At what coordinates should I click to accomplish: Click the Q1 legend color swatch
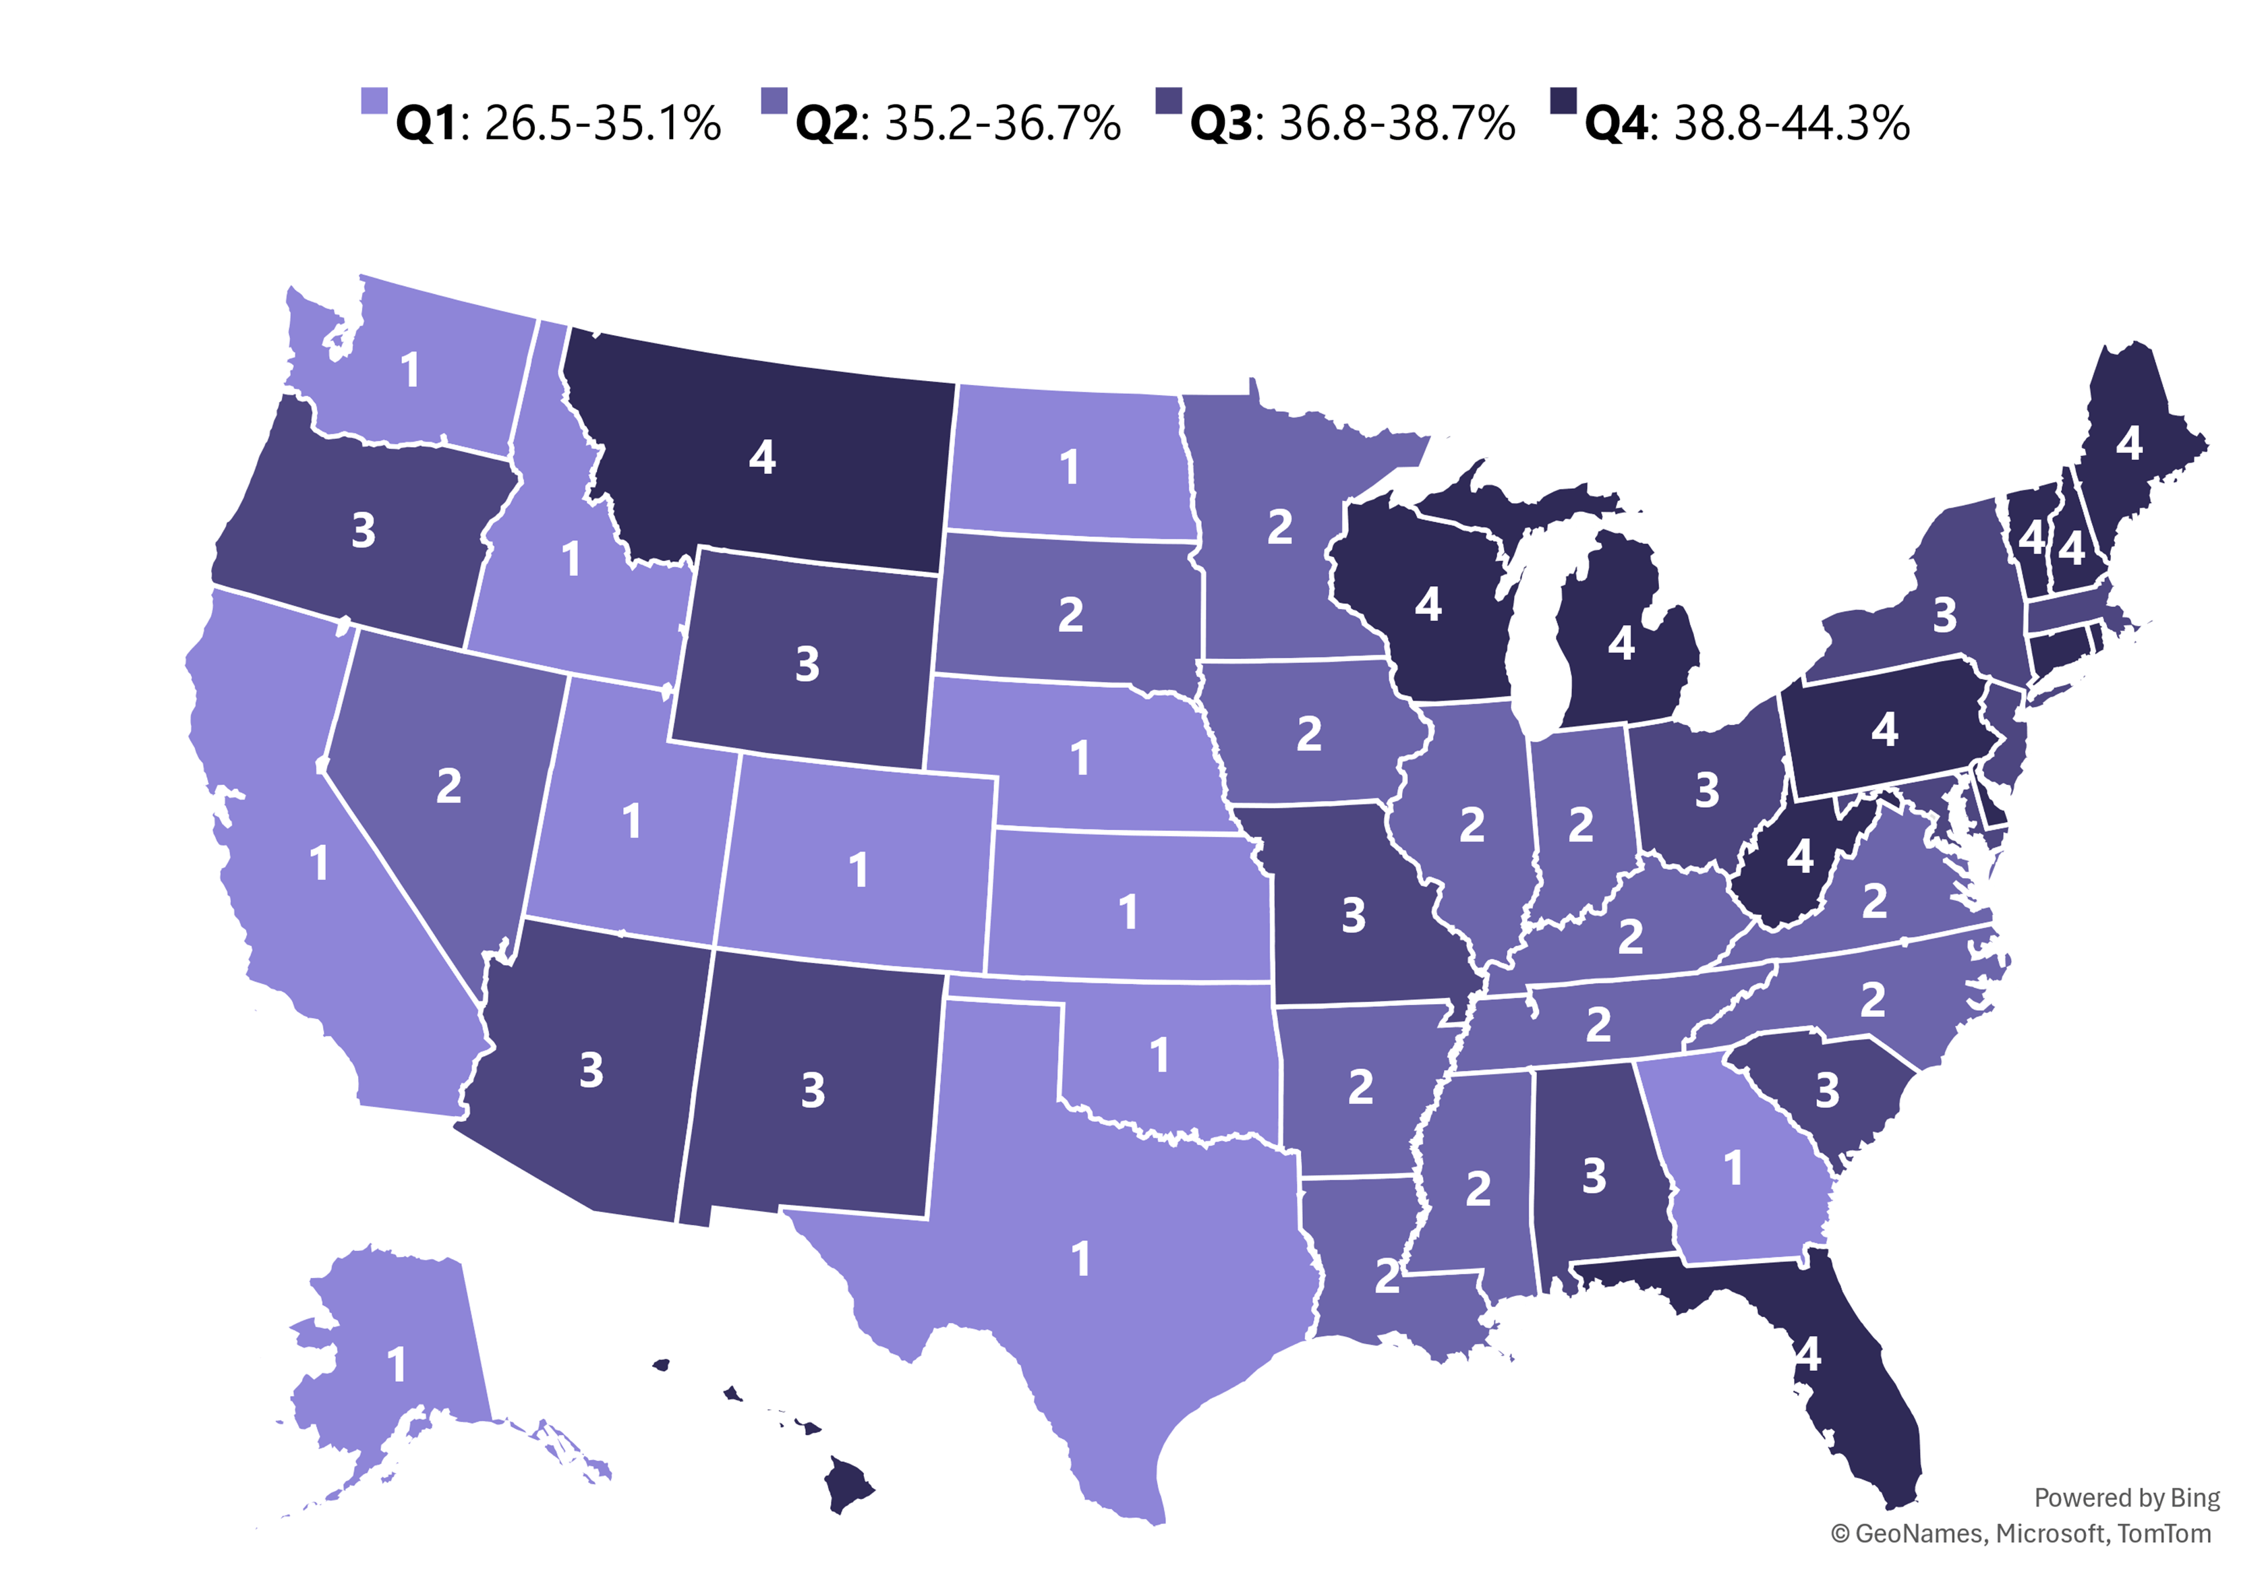(374, 100)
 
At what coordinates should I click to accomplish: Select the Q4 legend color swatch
(1563, 100)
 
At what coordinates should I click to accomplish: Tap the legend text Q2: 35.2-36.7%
(958, 123)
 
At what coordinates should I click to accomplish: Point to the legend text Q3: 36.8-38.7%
(1352, 123)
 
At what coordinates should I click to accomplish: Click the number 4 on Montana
(762, 457)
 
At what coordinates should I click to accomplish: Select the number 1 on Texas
(1082, 1259)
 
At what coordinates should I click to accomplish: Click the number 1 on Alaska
(397, 1366)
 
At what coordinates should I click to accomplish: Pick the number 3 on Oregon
(364, 531)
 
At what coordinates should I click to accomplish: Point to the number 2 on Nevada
(449, 786)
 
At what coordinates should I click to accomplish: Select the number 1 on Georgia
(1733, 1169)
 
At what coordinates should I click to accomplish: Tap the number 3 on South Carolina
(1828, 1090)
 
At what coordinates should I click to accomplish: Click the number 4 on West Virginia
(1799, 856)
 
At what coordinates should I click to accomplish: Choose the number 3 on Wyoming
(807, 665)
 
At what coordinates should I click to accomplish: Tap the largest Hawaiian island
(849, 1484)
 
